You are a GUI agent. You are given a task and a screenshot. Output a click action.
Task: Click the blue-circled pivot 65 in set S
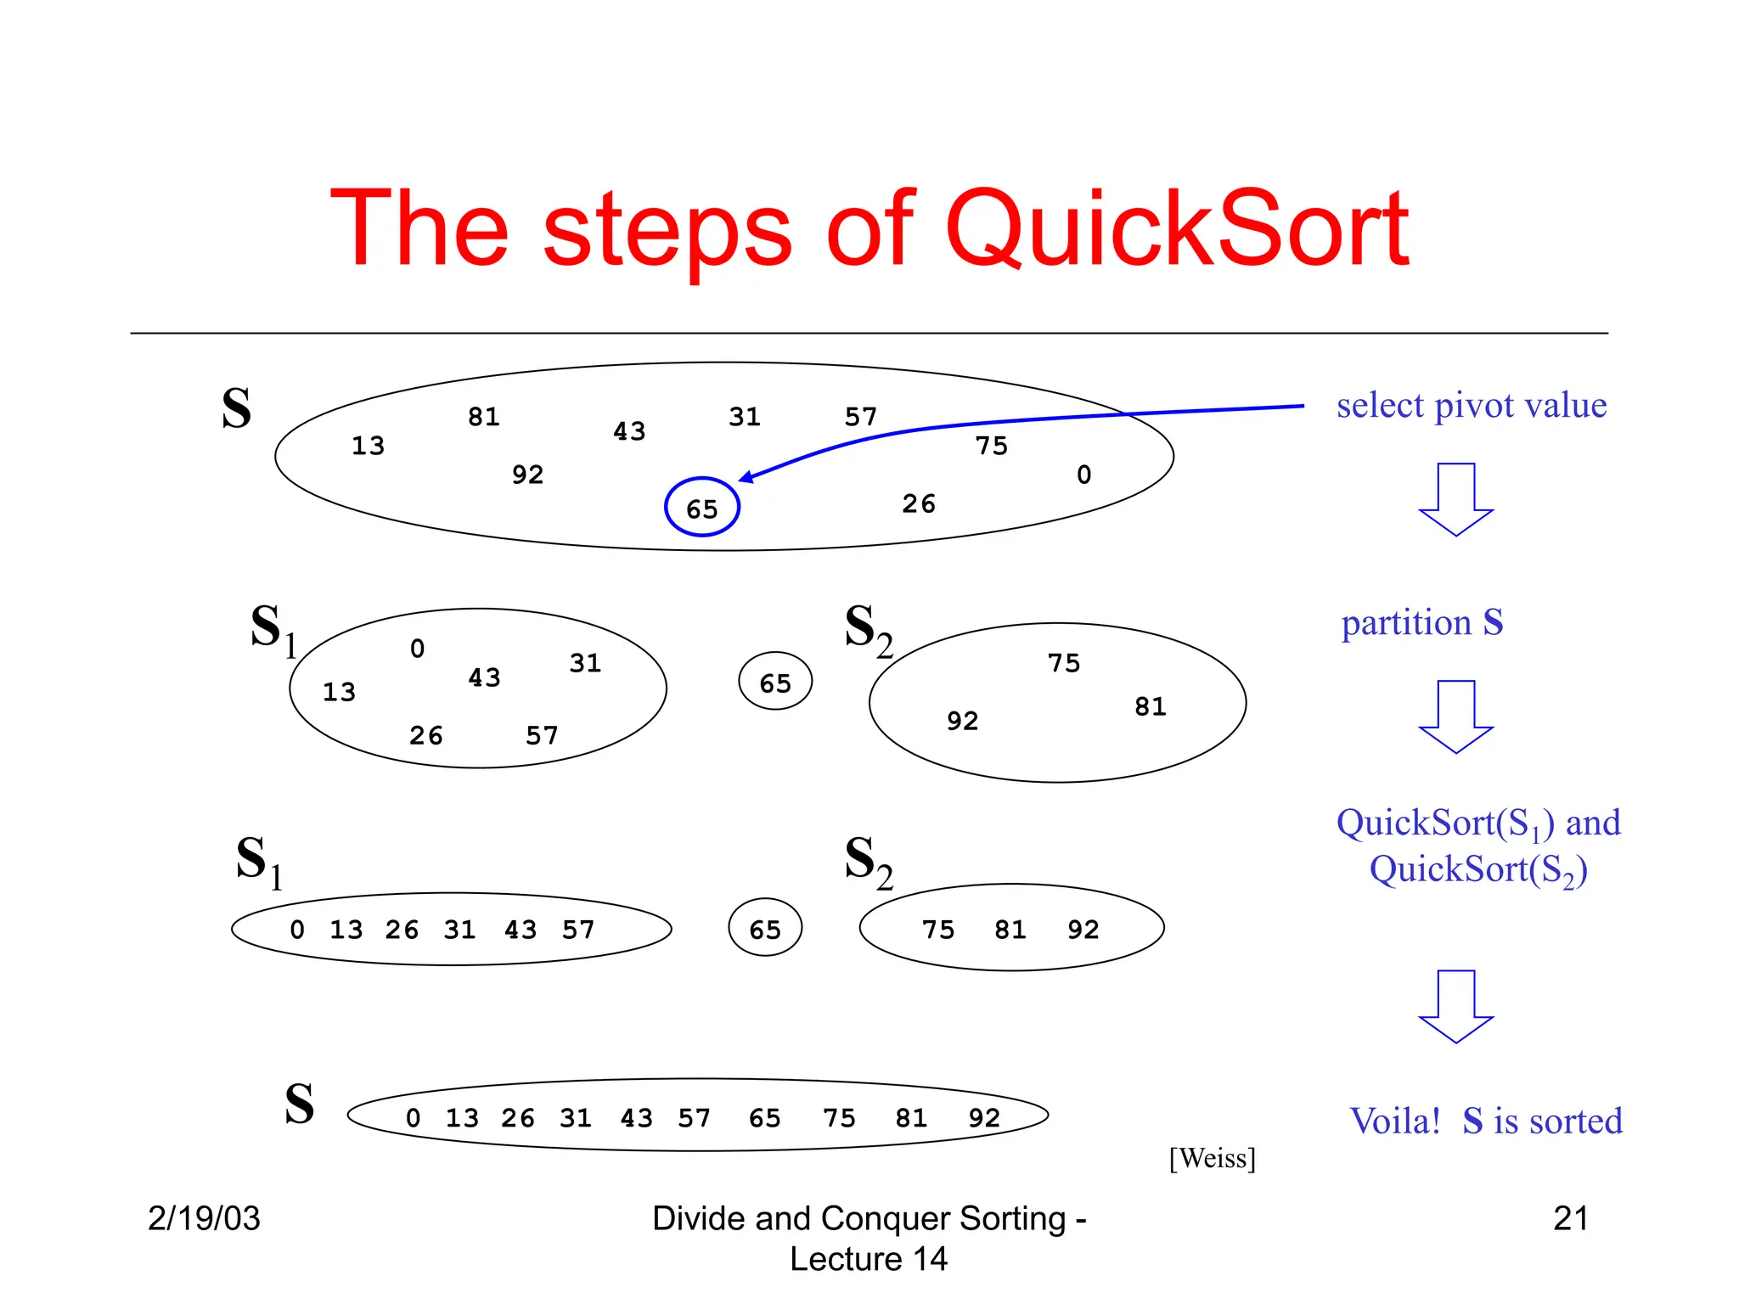pos(702,508)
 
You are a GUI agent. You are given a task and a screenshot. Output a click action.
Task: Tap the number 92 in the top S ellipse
pos(527,474)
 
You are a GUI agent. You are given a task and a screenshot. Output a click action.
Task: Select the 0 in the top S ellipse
pos(1083,474)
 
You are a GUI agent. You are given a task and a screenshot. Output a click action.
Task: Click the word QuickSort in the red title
pos(1176,229)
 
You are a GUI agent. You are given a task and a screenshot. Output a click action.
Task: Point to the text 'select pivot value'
pos(1471,405)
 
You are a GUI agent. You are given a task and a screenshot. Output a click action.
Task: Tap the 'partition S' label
pos(1422,622)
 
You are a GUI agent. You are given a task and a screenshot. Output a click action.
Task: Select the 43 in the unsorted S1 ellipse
pos(484,677)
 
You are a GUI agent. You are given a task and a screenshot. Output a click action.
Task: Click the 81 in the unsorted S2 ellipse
pos(1151,706)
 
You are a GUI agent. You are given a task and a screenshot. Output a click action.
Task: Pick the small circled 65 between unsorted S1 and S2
pos(775,682)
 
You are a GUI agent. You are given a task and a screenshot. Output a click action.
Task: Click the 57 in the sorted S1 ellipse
pos(578,930)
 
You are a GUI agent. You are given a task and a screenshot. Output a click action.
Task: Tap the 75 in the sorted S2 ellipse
pos(938,930)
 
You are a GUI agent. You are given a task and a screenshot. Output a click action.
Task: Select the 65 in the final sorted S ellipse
pos(764,1117)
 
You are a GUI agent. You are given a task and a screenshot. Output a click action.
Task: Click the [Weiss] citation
pos(1212,1158)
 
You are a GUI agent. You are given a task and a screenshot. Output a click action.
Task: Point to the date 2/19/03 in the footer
pos(204,1218)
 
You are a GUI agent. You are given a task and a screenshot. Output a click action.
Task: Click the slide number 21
pos(1570,1218)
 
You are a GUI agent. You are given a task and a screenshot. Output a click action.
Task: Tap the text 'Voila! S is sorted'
pos(1485,1121)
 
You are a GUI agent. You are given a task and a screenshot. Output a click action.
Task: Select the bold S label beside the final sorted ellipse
pos(299,1104)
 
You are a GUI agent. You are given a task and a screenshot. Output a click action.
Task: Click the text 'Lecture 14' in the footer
pos(868,1258)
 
